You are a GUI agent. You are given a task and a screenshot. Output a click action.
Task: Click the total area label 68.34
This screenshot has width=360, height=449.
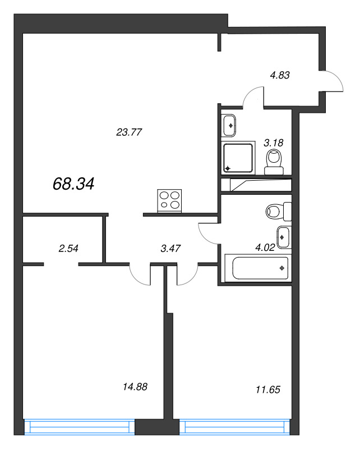coord(73,184)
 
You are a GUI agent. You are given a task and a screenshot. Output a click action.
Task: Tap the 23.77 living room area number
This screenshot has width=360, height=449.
coord(128,133)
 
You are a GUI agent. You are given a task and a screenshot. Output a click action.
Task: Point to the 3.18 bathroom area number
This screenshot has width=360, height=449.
coord(274,143)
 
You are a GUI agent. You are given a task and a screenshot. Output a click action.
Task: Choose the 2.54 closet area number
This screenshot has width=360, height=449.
coord(68,247)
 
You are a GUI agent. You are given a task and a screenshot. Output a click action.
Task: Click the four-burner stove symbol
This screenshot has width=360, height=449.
coord(170,201)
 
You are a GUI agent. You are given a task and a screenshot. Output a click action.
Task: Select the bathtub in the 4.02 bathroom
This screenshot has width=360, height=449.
coord(257,268)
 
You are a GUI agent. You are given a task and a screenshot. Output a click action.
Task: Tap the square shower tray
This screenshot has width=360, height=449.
coord(238,158)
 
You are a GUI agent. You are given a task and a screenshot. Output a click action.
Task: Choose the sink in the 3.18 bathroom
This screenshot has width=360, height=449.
coord(230,124)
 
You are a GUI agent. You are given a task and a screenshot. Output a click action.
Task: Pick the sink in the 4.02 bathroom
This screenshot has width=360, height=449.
coord(284,237)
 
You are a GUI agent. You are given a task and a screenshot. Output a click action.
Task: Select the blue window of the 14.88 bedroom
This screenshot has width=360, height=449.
coord(81,427)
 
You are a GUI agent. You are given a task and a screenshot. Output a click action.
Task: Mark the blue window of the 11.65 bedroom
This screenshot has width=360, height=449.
coord(236,427)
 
